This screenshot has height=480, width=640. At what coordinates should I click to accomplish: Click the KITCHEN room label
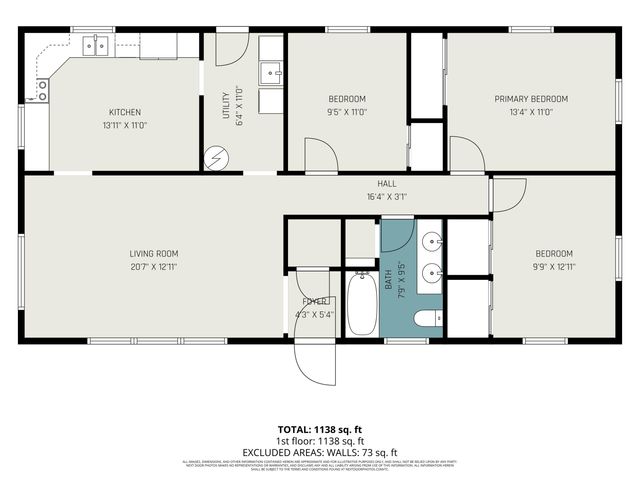pos(125,112)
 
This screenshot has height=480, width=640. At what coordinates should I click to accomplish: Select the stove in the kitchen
pos(42,91)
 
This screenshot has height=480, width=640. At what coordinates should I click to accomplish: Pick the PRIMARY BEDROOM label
pos(531,99)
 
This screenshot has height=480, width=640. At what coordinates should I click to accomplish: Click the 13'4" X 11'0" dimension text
pos(531,112)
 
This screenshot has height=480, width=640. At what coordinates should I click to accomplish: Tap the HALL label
pos(387,184)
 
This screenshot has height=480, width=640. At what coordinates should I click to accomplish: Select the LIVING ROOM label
pos(153,254)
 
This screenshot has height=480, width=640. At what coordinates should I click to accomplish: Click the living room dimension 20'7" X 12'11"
pos(153,267)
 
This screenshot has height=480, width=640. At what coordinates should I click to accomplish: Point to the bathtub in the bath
pos(361,304)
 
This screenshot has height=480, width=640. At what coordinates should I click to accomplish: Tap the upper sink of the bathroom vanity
pos(430,241)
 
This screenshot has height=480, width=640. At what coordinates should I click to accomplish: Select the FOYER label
pos(315,301)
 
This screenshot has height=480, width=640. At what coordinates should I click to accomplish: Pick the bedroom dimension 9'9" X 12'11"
pos(552,267)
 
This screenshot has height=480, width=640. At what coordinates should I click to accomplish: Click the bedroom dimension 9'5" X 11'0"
pos(347,112)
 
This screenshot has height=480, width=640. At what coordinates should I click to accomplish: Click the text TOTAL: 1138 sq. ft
pos(319,429)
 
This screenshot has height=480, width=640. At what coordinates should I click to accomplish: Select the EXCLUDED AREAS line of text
pos(319,452)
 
